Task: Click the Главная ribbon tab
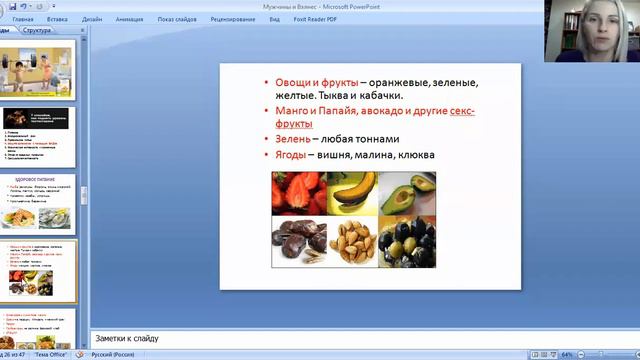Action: click(22, 18)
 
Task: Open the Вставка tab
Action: click(57, 18)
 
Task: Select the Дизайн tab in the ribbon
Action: click(92, 18)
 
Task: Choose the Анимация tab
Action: click(129, 18)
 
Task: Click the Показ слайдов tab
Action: click(176, 18)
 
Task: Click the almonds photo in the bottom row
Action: click(352, 242)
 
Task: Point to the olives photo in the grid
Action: click(407, 242)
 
